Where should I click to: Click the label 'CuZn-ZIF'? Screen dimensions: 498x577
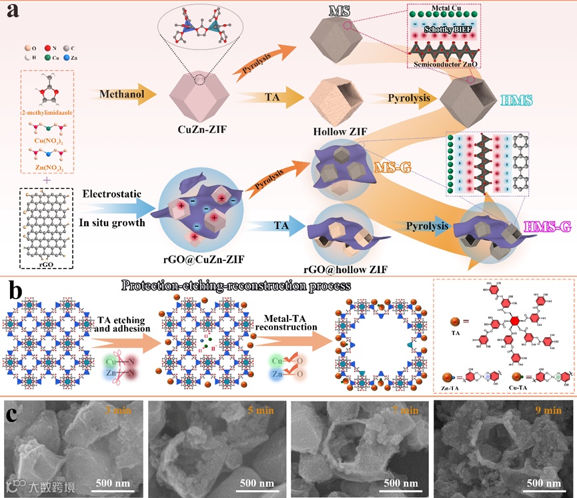point(197,130)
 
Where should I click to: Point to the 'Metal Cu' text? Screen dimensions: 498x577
point(454,9)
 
